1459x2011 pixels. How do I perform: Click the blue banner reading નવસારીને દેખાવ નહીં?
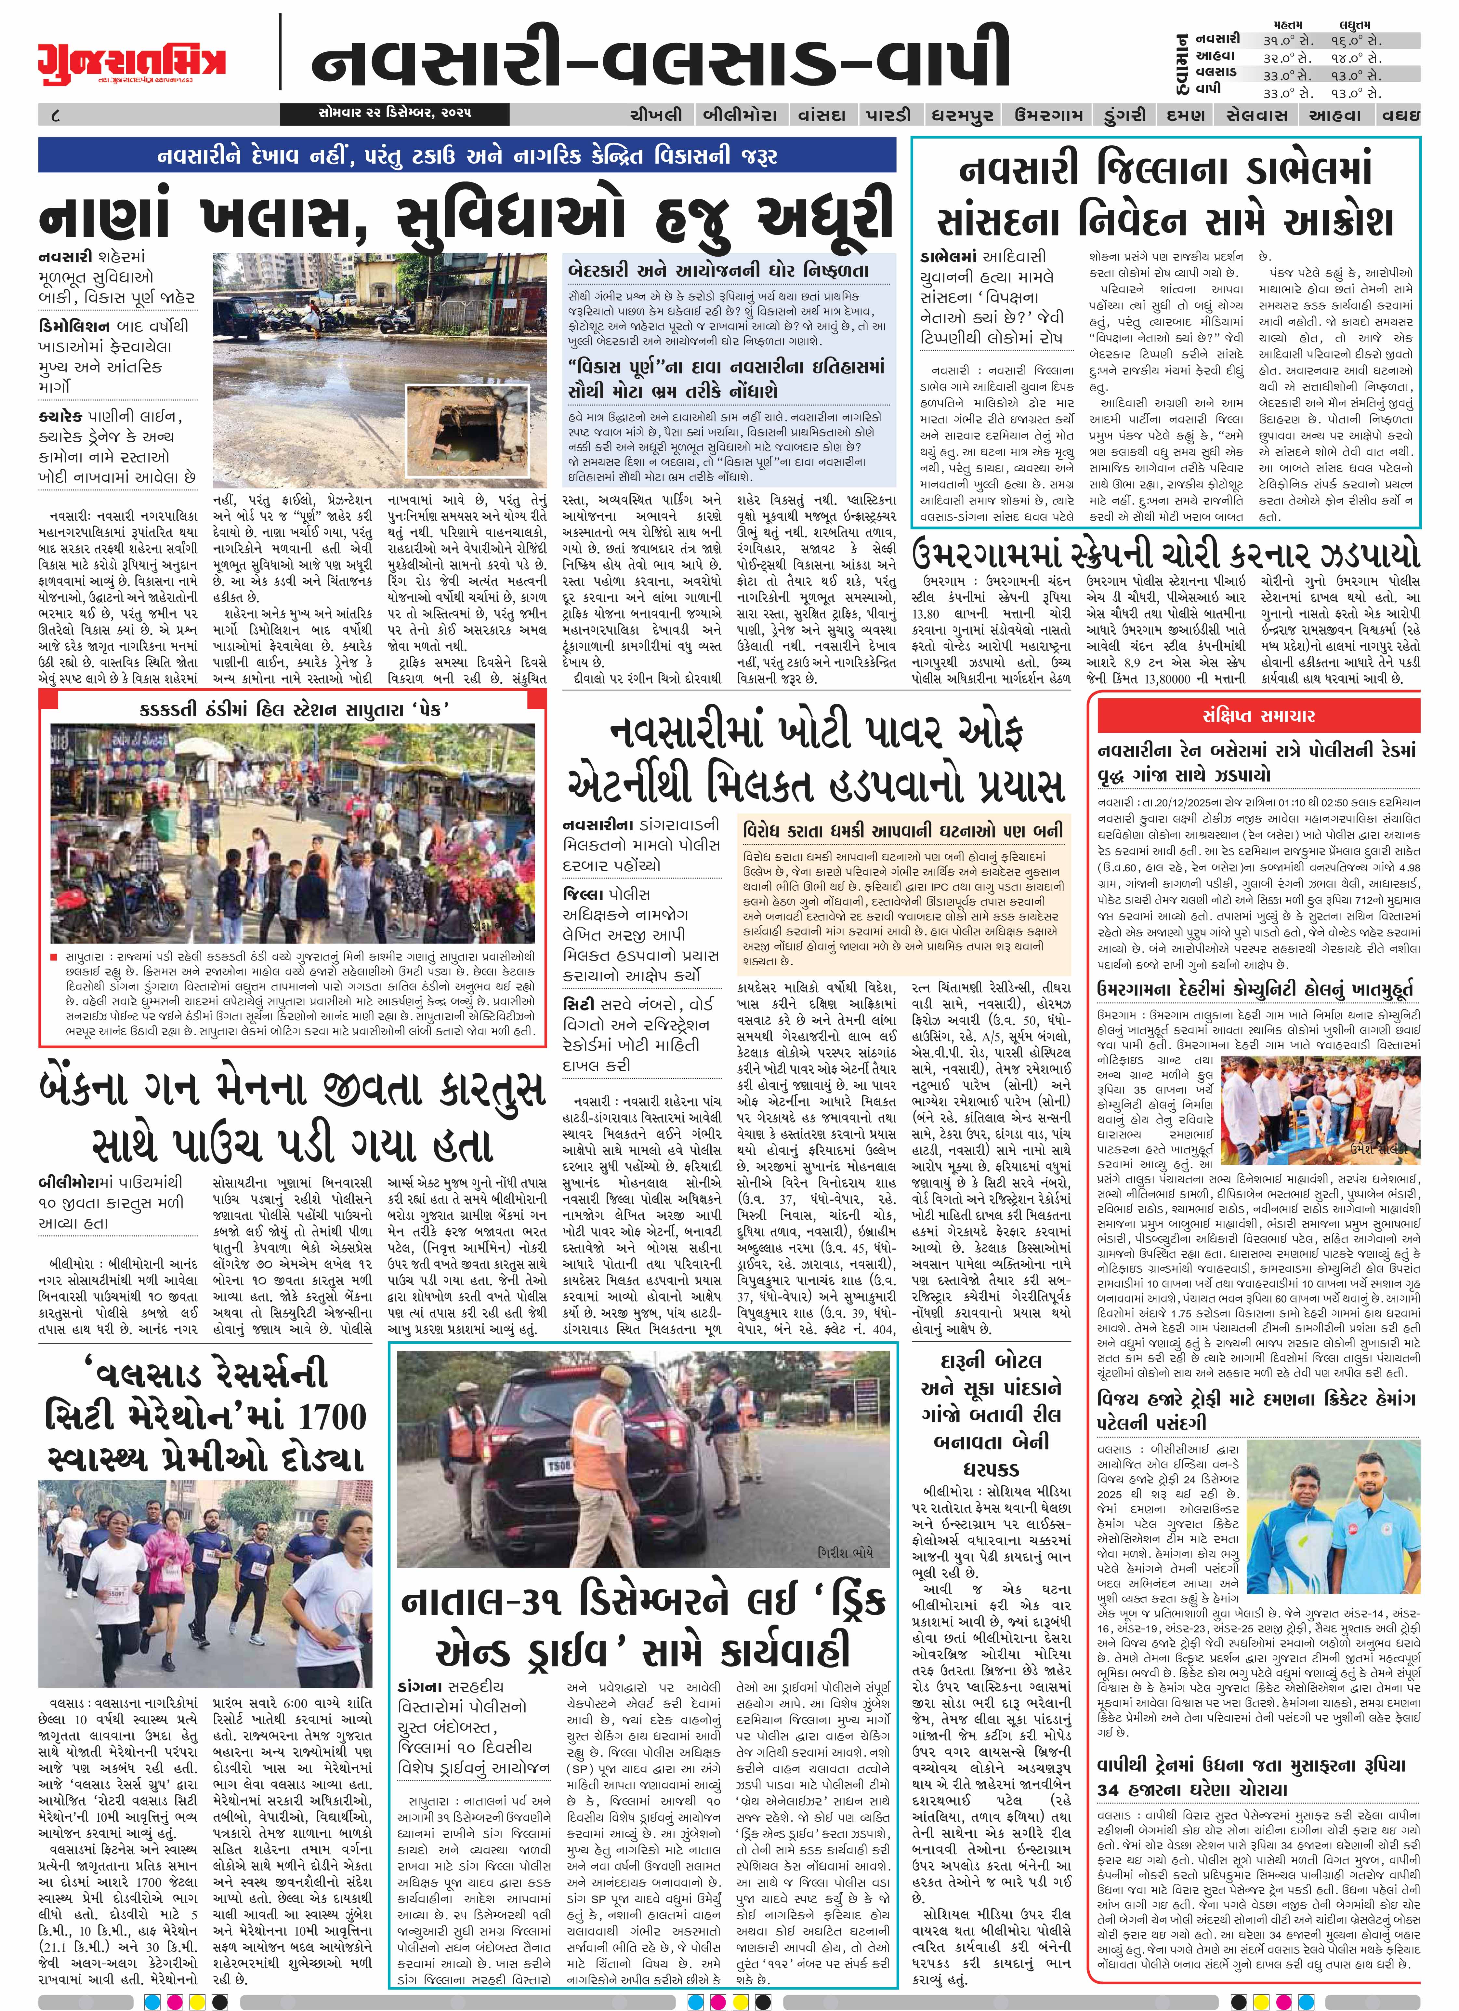click(466, 156)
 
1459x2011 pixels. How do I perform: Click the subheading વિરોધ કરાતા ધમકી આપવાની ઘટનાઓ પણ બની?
click(902, 830)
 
